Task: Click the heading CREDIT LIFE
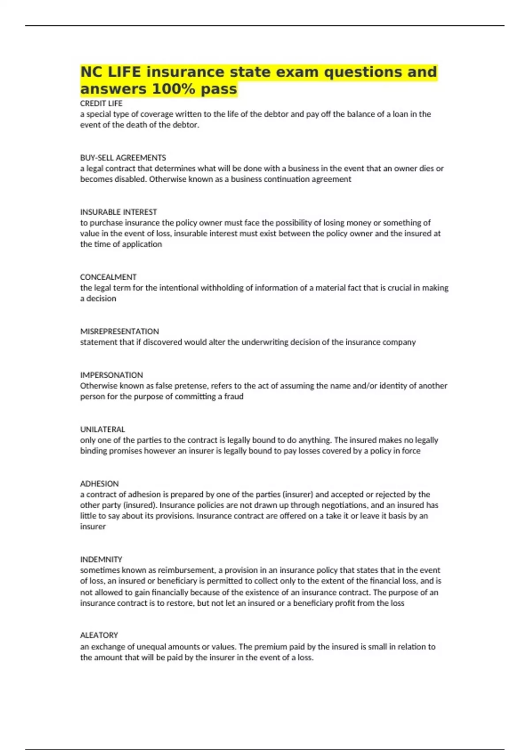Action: (x=101, y=103)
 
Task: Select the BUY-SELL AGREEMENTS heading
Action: (x=123, y=157)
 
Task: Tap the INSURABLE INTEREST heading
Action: (x=118, y=212)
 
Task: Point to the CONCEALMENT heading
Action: (x=108, y=277)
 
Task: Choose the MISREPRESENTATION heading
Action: (x=119, y=331)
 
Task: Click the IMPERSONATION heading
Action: (x=111, y=375)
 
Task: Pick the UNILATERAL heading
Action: (x=102, y=429)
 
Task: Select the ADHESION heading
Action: (x=99, y=483)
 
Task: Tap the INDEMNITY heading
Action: (x=101, y=559)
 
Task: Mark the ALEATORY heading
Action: (x=99, y=635)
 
